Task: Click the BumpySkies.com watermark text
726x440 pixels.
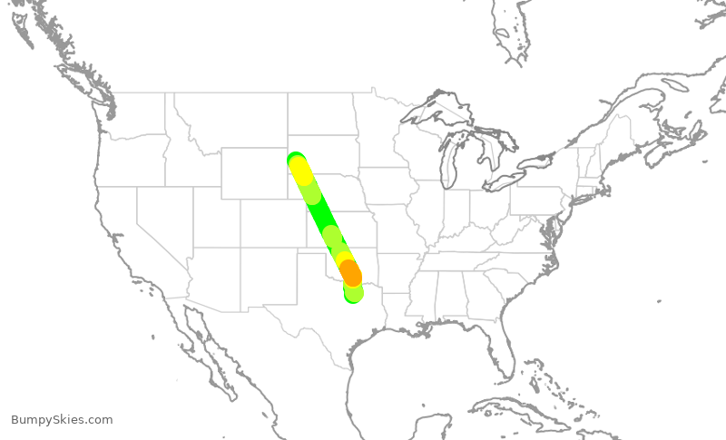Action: [62, 420]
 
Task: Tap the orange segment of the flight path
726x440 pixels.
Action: [350, 271]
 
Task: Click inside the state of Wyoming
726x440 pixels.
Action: [254, 172]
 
